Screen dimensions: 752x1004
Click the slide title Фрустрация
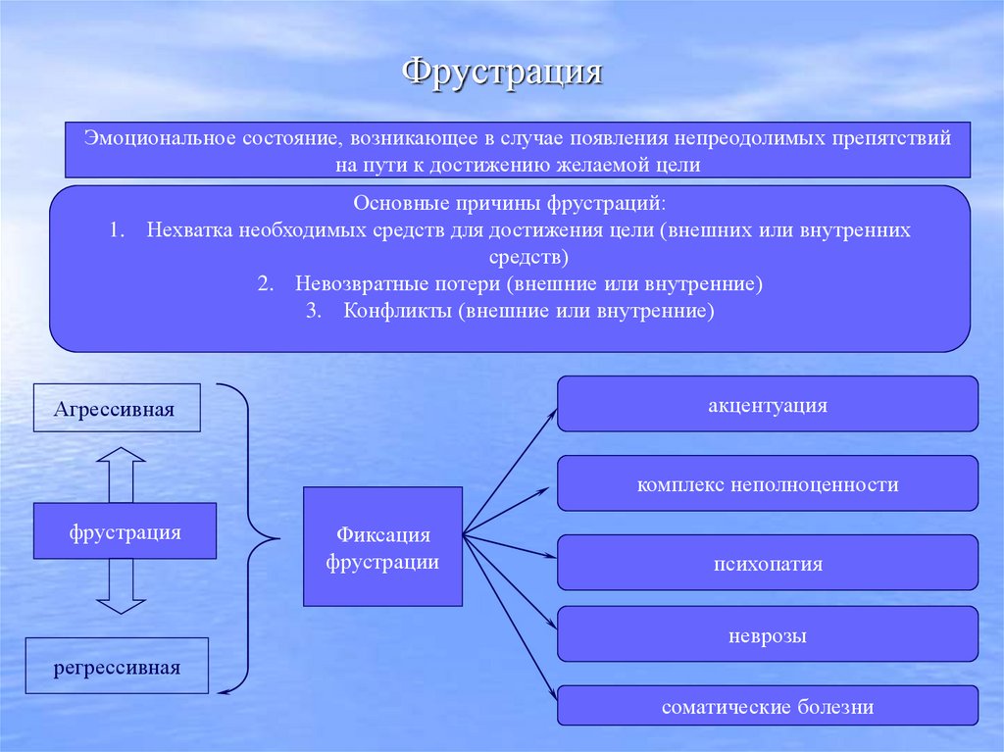(502, 74)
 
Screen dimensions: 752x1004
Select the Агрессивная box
(115, 408)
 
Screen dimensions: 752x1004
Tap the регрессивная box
(117, 667)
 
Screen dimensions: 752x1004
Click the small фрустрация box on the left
(125, 531)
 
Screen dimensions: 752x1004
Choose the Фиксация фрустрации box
(382, 546)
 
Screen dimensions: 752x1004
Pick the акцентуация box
(768, 404)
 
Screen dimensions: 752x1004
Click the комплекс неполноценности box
(768, 483)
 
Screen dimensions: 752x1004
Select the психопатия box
(768, 563)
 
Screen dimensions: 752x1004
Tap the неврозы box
(768, 634)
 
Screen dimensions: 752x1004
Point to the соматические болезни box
(768, 706)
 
